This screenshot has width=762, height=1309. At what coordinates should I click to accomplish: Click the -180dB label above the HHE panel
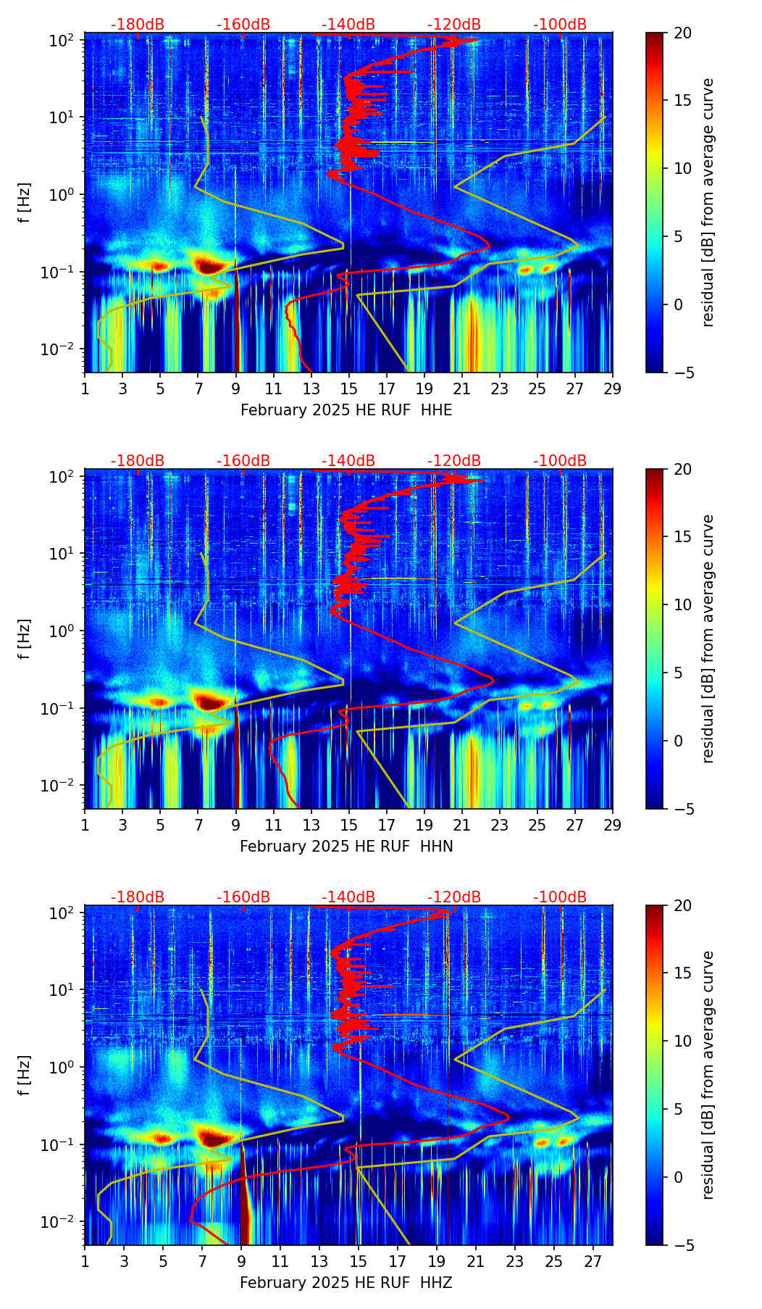click(x=138, y=25)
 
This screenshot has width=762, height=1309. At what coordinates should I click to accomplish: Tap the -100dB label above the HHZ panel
click(x=560, y=897)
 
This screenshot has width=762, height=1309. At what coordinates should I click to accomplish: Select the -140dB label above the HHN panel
click(x=348, y=461)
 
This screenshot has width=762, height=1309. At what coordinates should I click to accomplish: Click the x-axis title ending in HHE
click(x=346, y=410)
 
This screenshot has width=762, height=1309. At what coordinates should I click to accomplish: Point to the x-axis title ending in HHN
click(x=346, y=847)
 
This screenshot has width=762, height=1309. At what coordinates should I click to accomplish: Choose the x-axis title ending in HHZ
click(x=346, y=1283)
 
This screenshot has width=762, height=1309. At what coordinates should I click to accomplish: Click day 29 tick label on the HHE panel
click(x=613, y=388)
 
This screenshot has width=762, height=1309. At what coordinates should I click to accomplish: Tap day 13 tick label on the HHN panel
click(x=311, y=825)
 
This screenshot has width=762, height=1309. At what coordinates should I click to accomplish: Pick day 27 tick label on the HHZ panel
click(x=593, y=1261)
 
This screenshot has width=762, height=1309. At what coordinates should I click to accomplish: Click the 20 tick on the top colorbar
click(x=682, y=33)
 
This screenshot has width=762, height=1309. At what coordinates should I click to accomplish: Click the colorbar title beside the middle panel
click(x=708, y=639)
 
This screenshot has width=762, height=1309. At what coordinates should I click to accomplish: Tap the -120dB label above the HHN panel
click(x=454, y=461)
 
